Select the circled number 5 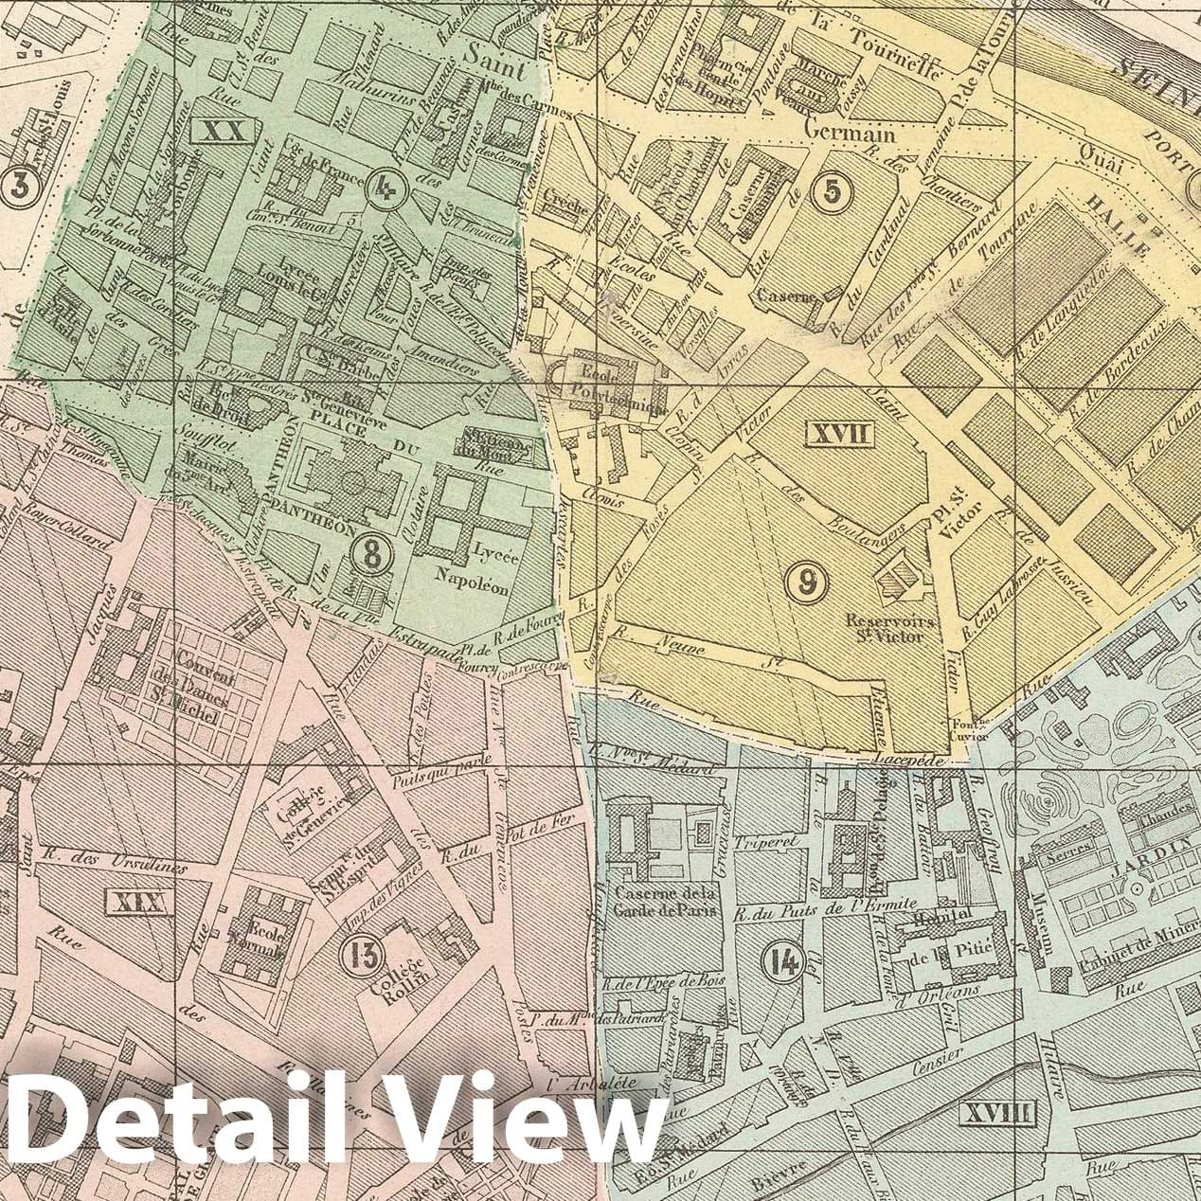(x=831, y=191)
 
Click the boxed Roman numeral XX (x=224, y=131)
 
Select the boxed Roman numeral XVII (x=836, y=435)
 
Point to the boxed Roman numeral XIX (x=138, y=901)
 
